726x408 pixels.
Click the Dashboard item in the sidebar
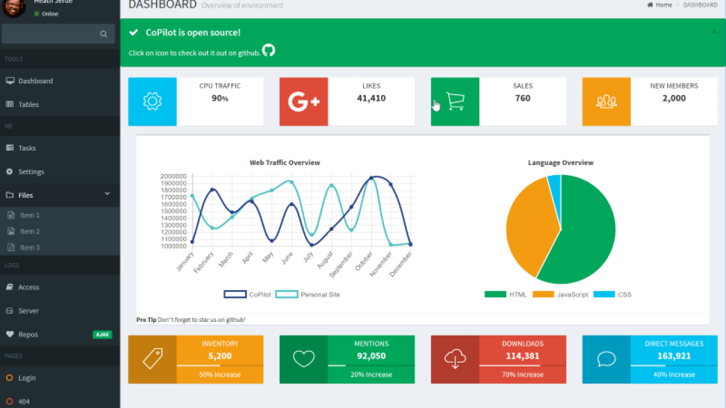point(35,81)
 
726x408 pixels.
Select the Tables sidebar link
point(28,105)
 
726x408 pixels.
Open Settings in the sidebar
point(31,172)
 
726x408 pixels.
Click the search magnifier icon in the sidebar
point(104,34)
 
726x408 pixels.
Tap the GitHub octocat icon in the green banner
point(269,50)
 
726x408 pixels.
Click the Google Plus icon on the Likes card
point(304,102)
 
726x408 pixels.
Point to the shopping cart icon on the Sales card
point(455,101)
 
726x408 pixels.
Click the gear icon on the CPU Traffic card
point(153,101)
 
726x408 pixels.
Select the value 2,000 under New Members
point(674,99)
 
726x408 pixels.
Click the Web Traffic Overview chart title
point(285,163)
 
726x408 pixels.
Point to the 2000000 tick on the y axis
point(174,176)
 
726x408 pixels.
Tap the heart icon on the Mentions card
point(303,359)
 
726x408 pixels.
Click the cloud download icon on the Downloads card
point(455,359)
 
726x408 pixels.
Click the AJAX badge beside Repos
point(102,335)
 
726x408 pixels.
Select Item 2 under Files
point(29,232)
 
